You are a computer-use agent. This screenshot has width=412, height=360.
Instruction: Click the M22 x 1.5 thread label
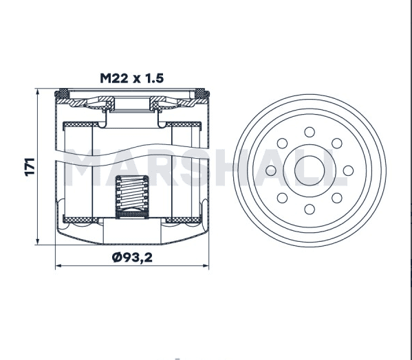pos(131,78)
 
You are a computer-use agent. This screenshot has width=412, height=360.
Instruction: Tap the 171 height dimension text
pos(30,167)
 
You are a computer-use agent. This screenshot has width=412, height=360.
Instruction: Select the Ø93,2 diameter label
pos(132,258)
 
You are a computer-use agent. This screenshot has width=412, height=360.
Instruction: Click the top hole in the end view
pos(310,132)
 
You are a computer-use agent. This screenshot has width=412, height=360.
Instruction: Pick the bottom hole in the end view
pos(310,209)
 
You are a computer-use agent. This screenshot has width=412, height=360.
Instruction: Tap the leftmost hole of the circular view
pos(271,170)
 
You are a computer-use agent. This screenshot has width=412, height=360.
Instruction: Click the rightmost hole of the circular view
pos(348,170)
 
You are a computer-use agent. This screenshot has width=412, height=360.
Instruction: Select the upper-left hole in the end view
pos(282,144)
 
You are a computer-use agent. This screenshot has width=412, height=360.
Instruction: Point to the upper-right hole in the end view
pos(337,144)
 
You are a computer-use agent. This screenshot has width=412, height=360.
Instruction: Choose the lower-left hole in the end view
pos(282,198)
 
